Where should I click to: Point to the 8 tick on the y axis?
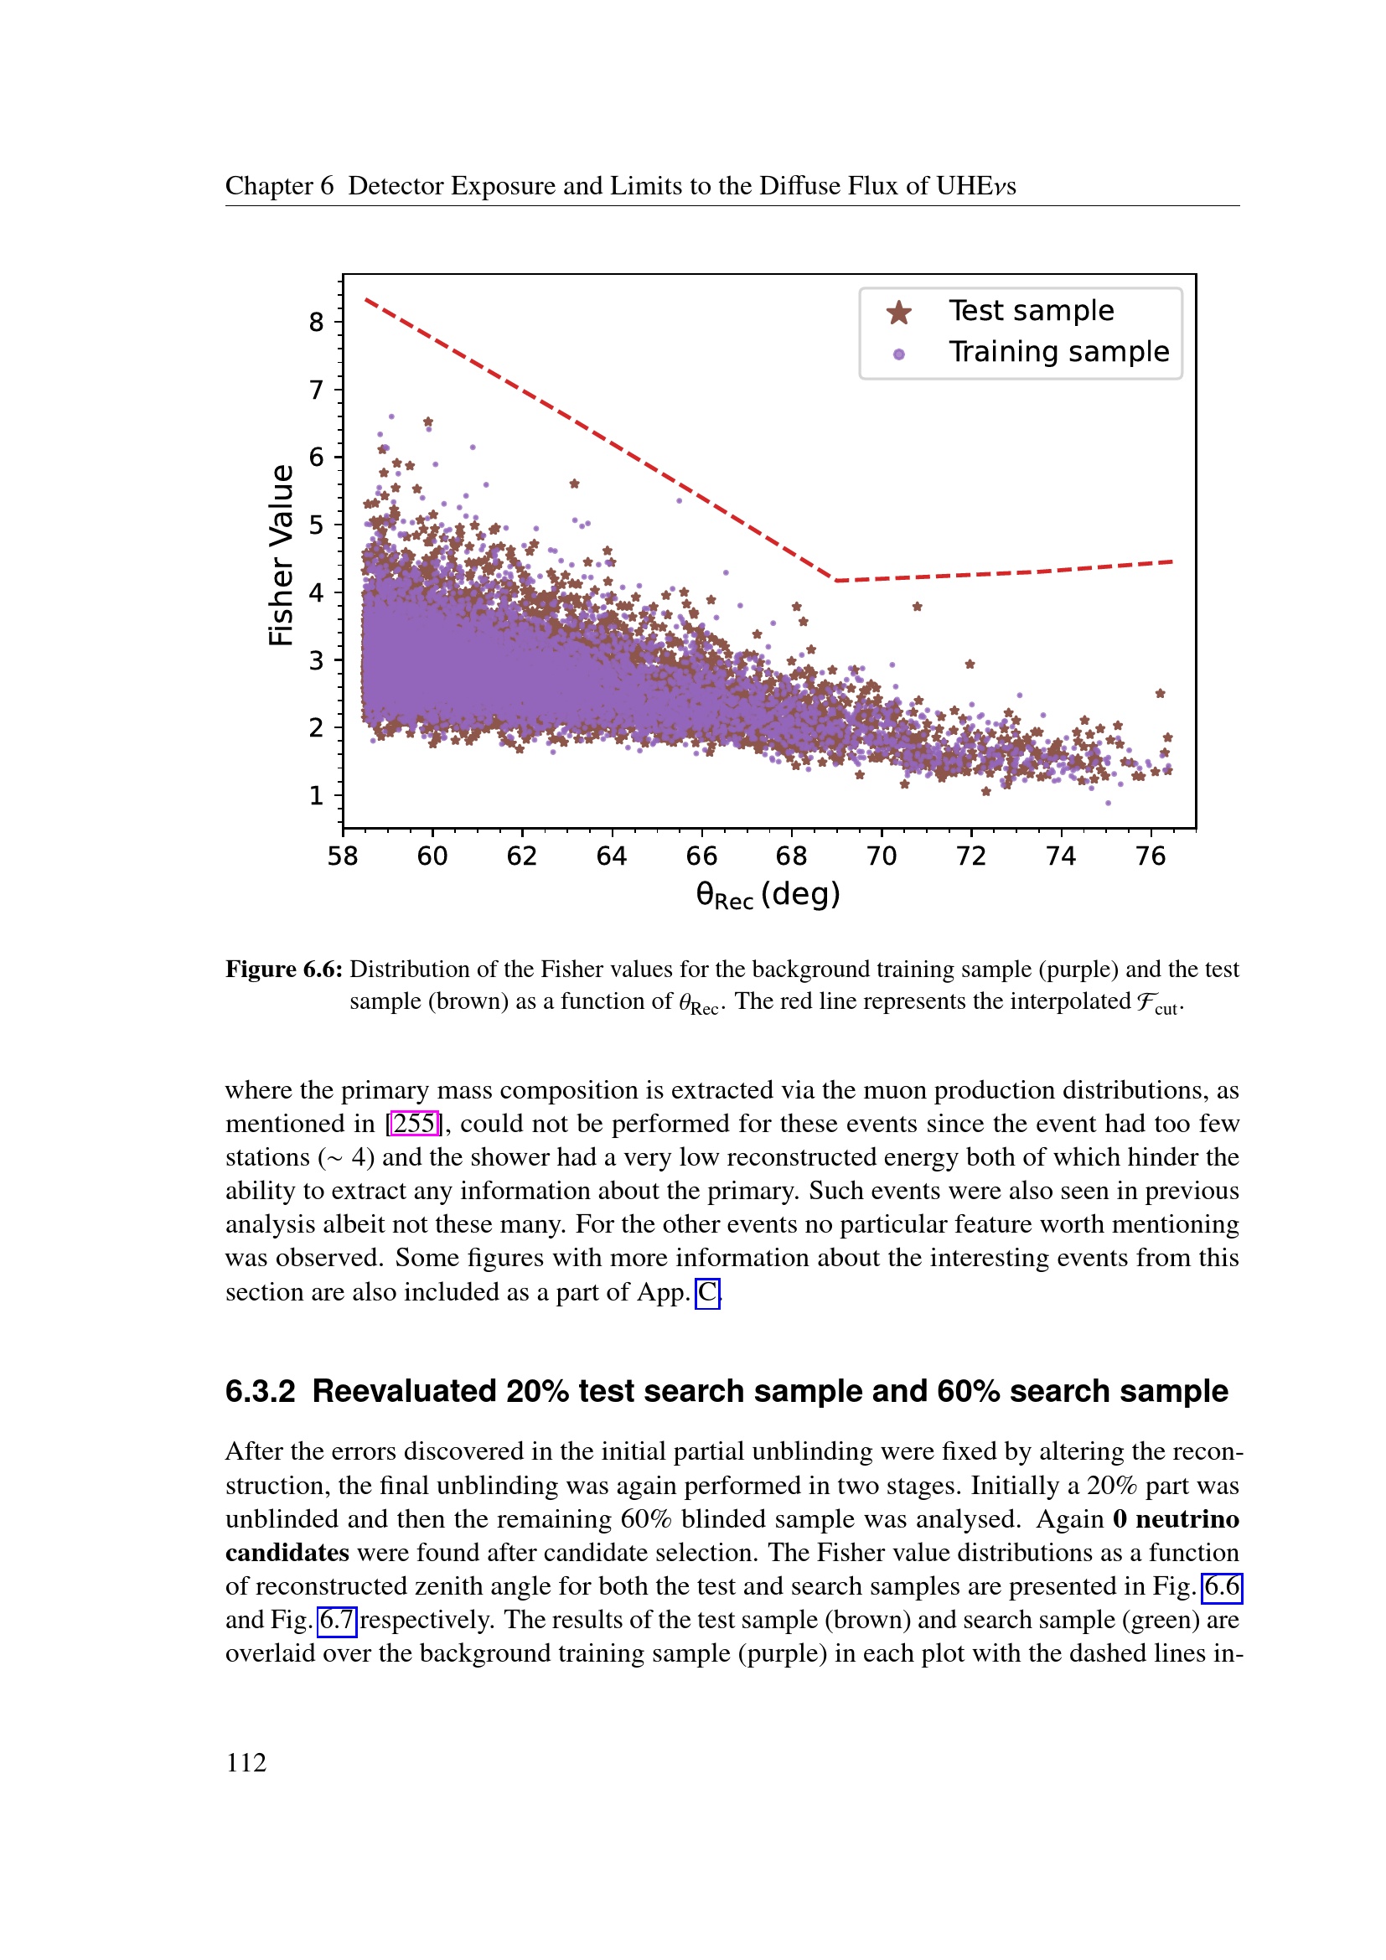tap(317, 322)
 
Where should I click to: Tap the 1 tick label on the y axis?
tap(317, 795)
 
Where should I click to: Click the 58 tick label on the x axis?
tap(342, 856)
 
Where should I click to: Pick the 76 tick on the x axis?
tap(1151, 856)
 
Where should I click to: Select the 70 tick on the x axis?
tap(881, 856)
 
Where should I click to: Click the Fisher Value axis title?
tap(281, 555)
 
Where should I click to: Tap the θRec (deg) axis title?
tap(768, 896)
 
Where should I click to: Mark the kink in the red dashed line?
tap(835, 581)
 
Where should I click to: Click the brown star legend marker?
tap(898, 313)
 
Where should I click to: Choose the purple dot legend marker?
tap(898, 354)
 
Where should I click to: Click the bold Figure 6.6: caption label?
tap(283, 969)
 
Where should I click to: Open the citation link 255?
tap(414, 1124)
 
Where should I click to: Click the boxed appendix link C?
tap(707, 1292)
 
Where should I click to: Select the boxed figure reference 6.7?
tap(336, 1620)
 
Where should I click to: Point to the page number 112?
tap(246, 1762)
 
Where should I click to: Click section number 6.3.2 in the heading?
tap(260, 1392)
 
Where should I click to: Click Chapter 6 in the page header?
tap(279, 186)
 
